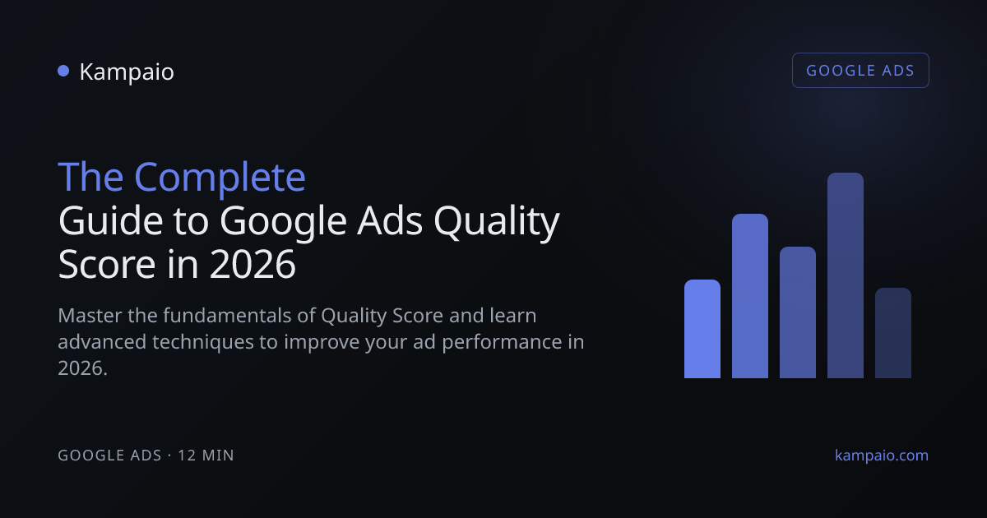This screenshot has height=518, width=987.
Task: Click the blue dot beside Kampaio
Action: point(63,71)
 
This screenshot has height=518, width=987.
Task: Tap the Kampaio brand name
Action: point(127,72)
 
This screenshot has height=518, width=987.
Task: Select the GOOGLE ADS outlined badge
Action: point(860,71)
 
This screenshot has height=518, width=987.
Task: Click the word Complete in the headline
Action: point(220,178)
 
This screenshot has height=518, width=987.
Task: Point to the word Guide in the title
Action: point(110,220)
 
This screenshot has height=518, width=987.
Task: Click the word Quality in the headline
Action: point(497,222)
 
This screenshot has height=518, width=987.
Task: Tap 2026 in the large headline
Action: point(253,264)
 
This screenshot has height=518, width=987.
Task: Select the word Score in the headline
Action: point(107,264)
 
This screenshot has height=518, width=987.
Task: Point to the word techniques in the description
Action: point(203,342)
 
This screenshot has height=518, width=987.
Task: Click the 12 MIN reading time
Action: point(206,456)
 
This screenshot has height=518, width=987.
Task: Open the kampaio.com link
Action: point(882,456)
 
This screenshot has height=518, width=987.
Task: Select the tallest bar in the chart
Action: point(846,275)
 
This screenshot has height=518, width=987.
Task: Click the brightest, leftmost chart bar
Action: point(702,329)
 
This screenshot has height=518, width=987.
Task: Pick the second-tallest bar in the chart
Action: point(750,296)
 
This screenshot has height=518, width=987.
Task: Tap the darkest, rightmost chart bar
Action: point(893,333)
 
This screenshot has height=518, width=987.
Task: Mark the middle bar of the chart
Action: point(798,312)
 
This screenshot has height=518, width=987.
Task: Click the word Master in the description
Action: point(90,316)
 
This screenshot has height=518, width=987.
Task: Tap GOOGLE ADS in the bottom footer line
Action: point(109,456)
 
